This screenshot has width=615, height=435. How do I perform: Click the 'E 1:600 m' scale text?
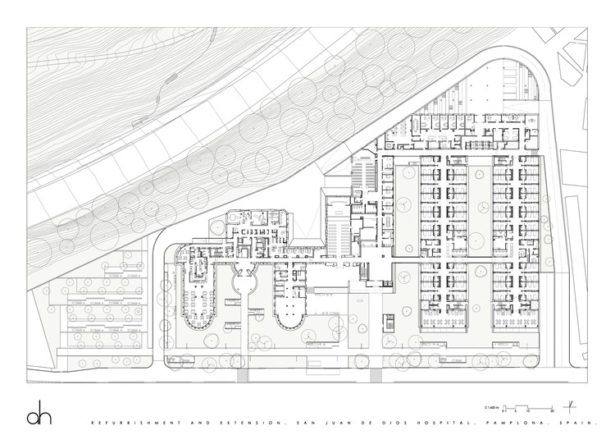click(492, 407)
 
